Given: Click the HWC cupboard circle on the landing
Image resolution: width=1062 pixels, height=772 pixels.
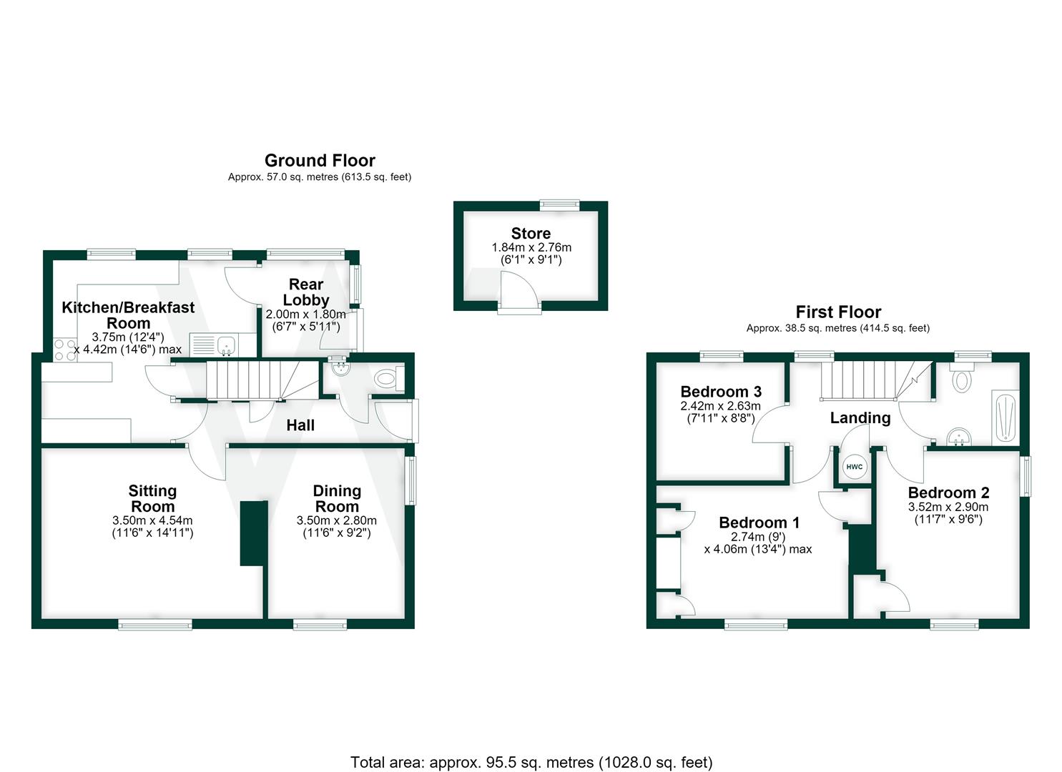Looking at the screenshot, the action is (855, 467).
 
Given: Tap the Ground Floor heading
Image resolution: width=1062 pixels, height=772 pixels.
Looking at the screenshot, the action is (320, 161).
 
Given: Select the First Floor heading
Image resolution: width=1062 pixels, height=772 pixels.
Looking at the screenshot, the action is (838, 312).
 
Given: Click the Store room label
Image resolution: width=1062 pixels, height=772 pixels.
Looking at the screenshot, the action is (531, 233).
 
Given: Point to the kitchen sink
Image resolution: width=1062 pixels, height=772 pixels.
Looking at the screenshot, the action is (227, 345).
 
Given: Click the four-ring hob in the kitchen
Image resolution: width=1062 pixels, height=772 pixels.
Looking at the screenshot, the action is (65, 350).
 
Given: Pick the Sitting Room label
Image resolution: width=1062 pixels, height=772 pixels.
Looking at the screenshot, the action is (152, 498).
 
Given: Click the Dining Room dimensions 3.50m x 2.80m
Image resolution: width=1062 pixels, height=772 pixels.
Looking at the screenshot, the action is (337, 520).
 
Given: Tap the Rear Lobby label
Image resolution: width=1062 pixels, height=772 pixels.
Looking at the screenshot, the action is (306, 292).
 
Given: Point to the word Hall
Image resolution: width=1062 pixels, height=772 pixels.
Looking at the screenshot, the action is (300, 425).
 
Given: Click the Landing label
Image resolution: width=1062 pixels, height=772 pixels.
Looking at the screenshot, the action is (860, 417).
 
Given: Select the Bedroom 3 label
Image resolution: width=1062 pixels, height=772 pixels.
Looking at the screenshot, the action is (721, 392).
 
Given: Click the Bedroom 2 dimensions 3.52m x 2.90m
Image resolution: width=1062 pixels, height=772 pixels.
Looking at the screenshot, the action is (948, 507).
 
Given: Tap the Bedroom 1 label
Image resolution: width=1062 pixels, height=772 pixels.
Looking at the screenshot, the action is (759, 523).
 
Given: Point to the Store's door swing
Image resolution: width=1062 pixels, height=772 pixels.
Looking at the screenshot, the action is (519, 289).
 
